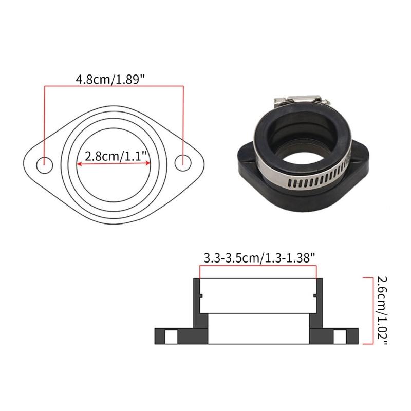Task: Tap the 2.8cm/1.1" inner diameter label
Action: coord(114,156)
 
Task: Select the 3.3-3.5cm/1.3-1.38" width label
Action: coord(257,258)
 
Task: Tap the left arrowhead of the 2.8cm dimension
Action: coord(79,164)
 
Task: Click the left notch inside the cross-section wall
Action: coord(201,295)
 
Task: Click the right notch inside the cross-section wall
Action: coord(314,295)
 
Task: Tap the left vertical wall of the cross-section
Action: coord(196,303)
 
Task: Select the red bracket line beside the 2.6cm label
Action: coord(365,310)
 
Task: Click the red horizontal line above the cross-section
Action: coord(257,266)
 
